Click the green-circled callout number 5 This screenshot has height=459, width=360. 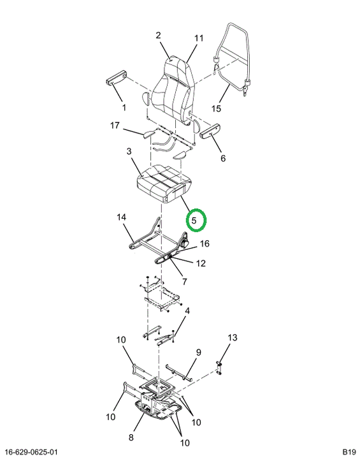point(194,220)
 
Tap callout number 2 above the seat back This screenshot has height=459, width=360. point(159,36)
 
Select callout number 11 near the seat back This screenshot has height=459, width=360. point(199,38)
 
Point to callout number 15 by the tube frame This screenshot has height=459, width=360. point(216,108)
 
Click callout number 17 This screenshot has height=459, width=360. point(115,126)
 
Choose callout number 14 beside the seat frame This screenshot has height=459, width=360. point(122,217)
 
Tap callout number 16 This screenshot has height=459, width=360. point(205,244)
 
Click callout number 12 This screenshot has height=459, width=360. point(201,263)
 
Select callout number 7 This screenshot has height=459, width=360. point(184,282)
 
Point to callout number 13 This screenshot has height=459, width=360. point(233,338)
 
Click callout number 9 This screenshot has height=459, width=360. point(198,353)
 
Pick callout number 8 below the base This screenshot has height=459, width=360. point(131,437)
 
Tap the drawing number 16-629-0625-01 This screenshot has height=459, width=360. point(31,452)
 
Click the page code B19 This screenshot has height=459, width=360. point(349,451)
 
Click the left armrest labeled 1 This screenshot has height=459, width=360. point(116,78)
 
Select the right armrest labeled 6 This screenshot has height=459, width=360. point(210,131)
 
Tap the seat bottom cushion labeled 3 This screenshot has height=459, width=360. point(164,183)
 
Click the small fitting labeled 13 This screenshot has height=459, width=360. point(220,368)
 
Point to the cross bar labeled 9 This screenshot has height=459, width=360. point(178,373)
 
